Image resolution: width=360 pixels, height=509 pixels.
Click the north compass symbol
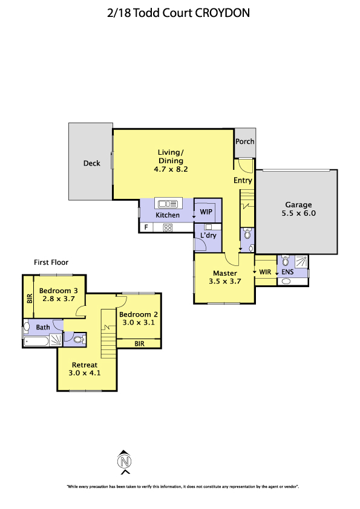pyautogui.click(x=124, y=462)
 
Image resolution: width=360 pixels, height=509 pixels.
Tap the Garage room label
pyautogui.click(x=299, y=205)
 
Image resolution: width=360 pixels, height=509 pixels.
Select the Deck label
pyautogui.click(x=91, y=163)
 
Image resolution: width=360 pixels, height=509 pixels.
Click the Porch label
pyautogui.click(x=244, y=141)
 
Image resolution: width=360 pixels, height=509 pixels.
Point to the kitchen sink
pyautogui.click(x=168, y=204)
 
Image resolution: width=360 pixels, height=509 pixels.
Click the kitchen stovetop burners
pyautogui.click(x=168, y=228)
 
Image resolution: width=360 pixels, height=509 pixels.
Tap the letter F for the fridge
pyautogui.click(x=146, y=227)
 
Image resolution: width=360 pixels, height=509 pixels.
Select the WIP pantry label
pyautogui.click(x=206, y=212)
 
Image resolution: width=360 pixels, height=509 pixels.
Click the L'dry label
pyautogui.click(x=208, y=235)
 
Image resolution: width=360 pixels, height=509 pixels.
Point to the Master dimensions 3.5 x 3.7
pyautogui.click(x=225, y=282)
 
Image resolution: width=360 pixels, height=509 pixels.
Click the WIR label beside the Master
pyautogui.click(x=265, y=272)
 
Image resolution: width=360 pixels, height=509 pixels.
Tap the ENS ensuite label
pyautogui.click(x=287, y=272)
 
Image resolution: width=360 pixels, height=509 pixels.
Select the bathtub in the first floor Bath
pyautogui.click(x=36, y=341)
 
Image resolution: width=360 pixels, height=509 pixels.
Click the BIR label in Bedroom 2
pyautogui.click(x=139, y=344)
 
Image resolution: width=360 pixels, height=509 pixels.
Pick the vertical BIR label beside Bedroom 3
pyautogui.click(x=30, y=298)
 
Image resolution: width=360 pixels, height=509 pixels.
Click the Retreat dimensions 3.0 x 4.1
pyautogui.click(x=85, y=373)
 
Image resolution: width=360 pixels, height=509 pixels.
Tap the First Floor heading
pyautogui.click(x=51, y=262)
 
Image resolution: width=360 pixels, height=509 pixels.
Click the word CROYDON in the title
pyautogui.click(x=223, y=13)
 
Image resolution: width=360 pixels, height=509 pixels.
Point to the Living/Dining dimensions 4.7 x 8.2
pyautogui.click(x=171, y=169)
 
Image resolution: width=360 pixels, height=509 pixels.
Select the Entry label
pyautogui.click(x=243, y=181)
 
